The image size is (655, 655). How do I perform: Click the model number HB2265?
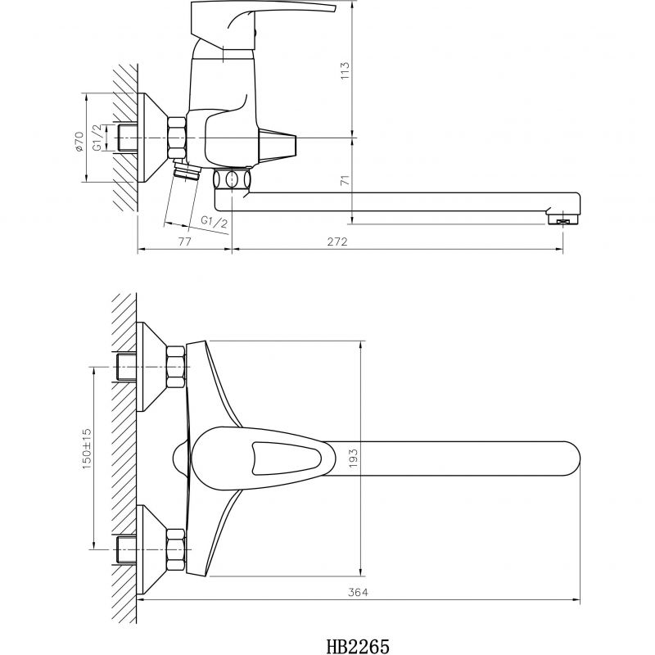point(358,646)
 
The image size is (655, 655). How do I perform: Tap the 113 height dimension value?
point(345,71)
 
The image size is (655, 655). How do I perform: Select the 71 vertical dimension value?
point(345,180)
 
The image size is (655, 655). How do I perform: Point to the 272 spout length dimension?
point(337,242)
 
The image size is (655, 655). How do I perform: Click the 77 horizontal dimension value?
point(185,242)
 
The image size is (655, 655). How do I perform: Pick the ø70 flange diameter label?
point(79,141)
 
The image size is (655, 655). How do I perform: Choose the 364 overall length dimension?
point(359,592)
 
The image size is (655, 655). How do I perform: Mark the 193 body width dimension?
point(354,458)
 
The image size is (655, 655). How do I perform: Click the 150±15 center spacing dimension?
point(87,448)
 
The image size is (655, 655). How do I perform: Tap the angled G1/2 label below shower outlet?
point(215,222)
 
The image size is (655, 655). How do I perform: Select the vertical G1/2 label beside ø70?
point(97,138)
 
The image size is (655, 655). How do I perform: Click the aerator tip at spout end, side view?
point(563,220)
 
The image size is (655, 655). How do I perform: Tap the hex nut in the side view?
point(177,138)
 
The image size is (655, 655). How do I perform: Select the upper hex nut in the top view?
point(176,367)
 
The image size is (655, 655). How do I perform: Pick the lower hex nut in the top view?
point(176,549)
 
